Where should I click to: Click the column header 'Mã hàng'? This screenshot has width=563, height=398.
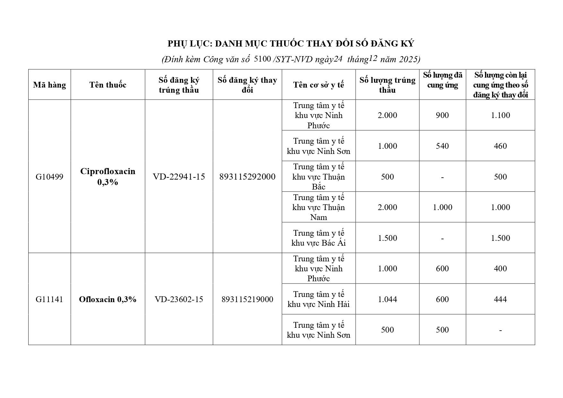49,85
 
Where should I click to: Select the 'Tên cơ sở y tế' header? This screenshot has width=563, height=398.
318,85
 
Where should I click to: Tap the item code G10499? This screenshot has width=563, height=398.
49,177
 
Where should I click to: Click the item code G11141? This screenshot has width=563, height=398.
49,299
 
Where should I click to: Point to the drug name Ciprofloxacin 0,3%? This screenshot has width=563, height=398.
108,177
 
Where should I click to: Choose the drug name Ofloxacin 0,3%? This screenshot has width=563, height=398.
108,299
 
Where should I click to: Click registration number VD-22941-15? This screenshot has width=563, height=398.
179,177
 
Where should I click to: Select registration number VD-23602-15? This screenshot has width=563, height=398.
179,299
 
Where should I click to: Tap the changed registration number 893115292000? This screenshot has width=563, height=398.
247,177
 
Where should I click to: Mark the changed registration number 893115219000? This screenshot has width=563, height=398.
247,299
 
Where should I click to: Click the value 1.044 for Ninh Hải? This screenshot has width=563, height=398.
387,299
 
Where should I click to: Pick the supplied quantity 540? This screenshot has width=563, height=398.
442,146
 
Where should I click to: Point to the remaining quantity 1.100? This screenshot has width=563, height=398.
500,115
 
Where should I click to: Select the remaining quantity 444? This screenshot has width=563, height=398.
500,299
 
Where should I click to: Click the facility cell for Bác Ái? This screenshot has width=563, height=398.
318,238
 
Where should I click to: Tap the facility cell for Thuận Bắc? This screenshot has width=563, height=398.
318,177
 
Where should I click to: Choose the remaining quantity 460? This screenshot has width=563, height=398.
500,146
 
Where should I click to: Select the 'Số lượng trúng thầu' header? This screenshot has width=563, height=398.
387,85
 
